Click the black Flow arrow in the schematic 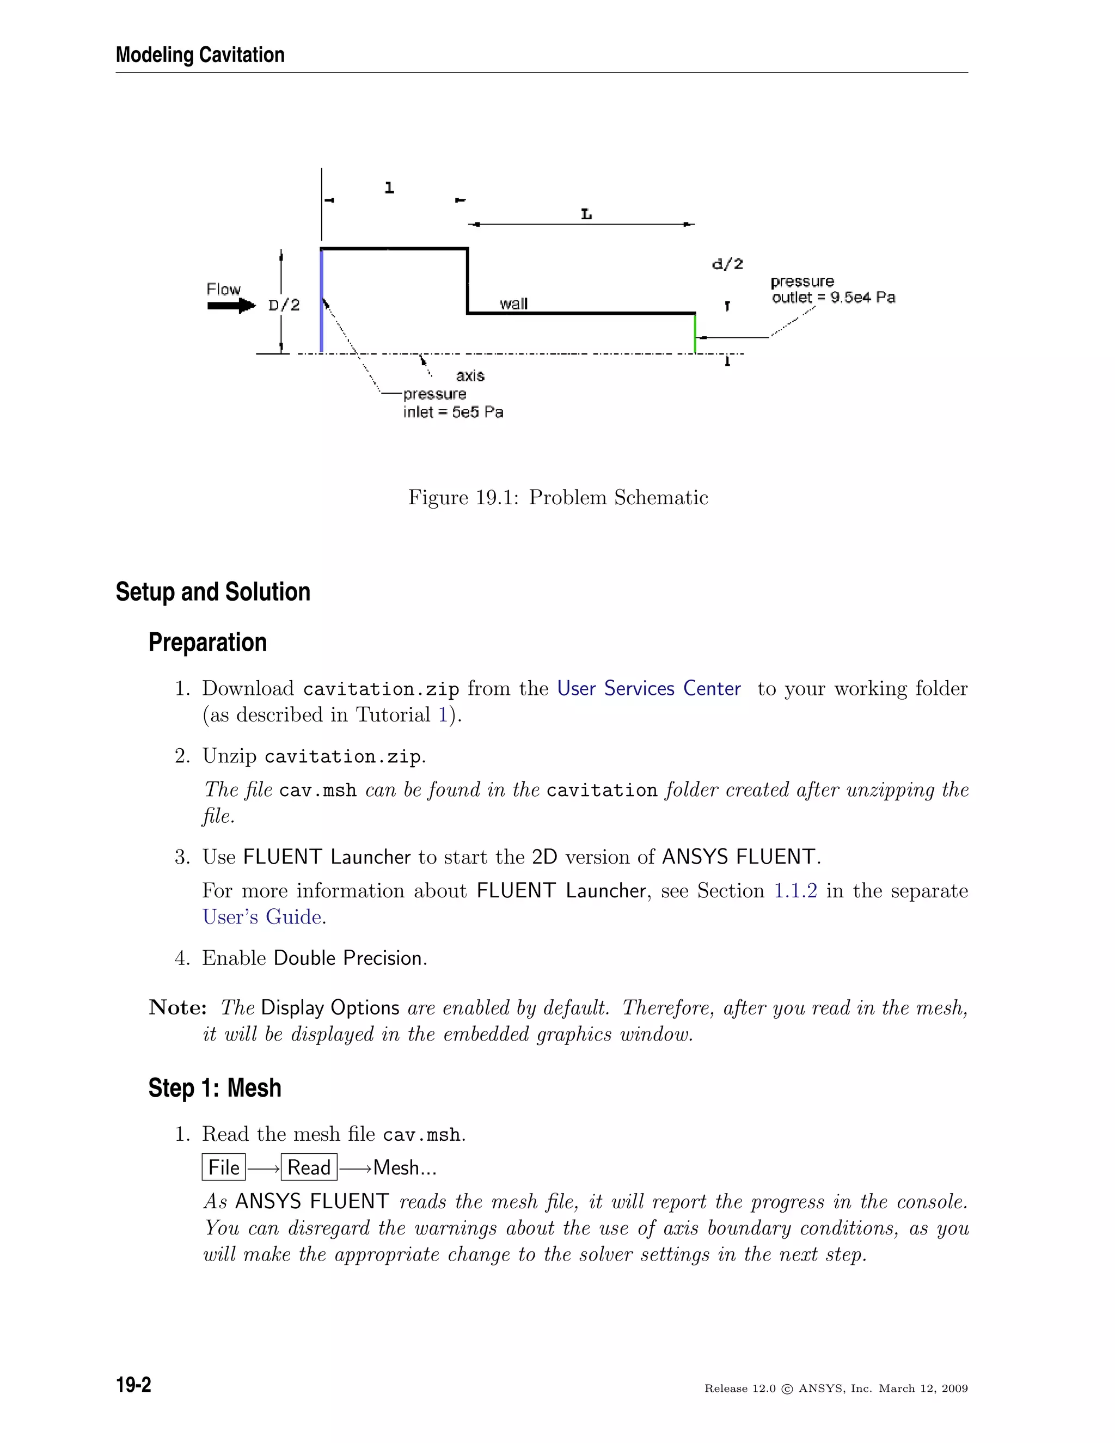230,306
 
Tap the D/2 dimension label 284,305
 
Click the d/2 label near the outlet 727,264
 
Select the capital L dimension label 586,214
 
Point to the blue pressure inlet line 321,301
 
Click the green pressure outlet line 695,334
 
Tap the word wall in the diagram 513,304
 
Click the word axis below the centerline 470,376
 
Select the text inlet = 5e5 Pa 453,412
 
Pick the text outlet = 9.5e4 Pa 833,298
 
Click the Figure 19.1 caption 557,498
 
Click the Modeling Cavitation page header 200,55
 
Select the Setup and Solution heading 213,592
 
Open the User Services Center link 648,688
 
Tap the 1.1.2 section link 795,891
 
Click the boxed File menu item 223,1167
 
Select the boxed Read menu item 309,1167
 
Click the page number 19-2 133,1385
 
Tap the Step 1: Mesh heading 215,1088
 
